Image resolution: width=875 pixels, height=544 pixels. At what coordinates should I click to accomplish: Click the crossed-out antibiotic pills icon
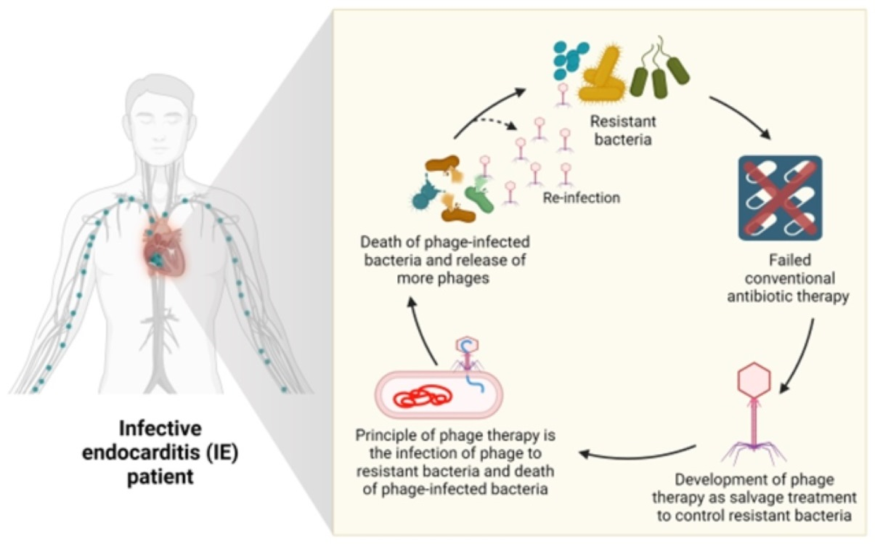coord(780,198)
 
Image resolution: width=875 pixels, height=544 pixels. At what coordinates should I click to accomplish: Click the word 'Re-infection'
coord(582,197)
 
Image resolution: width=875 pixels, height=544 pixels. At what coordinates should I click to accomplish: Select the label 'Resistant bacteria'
coord(619,130)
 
